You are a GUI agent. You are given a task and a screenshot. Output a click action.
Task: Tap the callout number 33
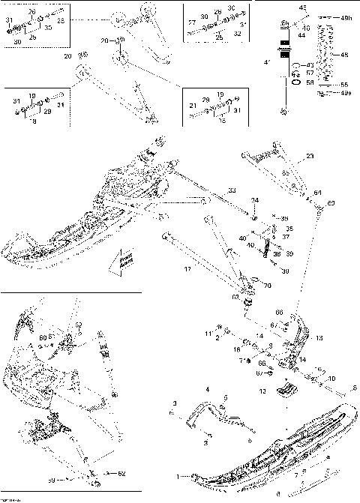[232, 190]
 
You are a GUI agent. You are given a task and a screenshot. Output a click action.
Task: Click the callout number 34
[255, 200]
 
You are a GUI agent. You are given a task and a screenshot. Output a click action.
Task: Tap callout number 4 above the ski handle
[208, 389]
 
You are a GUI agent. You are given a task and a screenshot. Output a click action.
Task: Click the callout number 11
[208, 331]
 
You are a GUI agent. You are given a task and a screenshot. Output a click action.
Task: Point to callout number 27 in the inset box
[191, 23]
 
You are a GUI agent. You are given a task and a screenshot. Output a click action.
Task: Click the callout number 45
[303, 7]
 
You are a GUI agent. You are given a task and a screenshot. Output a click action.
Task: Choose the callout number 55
[344, 84]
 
